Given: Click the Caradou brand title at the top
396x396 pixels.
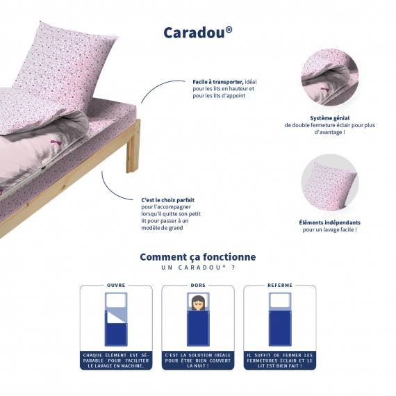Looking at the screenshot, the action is [198, 33].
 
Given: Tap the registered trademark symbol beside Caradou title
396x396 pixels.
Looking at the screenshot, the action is [229, 30].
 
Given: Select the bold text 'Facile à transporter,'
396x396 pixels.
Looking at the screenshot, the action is [218, 82].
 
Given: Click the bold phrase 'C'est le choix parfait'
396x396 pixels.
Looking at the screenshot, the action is [167, 200].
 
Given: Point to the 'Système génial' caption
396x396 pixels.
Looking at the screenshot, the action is [330, 118].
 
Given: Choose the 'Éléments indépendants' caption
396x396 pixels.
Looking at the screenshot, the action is [329, 222].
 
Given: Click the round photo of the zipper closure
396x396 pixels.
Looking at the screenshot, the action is [329, 77].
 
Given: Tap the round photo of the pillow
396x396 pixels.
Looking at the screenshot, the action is [329, 182].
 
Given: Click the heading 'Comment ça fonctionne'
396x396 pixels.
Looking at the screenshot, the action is [198, 257].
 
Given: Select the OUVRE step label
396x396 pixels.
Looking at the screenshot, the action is [116, 285].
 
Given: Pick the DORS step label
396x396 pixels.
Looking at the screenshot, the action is [198, 285].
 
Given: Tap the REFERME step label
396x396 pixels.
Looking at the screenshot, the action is [280, 285].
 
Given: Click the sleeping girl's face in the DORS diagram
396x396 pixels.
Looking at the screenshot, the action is [198, 303].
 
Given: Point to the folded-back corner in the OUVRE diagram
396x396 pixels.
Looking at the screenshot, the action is [116, 317].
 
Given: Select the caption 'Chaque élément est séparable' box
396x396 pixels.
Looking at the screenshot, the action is [116, 361].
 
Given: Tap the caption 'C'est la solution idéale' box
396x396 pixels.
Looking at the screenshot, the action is [198, 361].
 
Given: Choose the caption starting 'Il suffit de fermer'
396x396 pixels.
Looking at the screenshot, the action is [280, 361].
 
